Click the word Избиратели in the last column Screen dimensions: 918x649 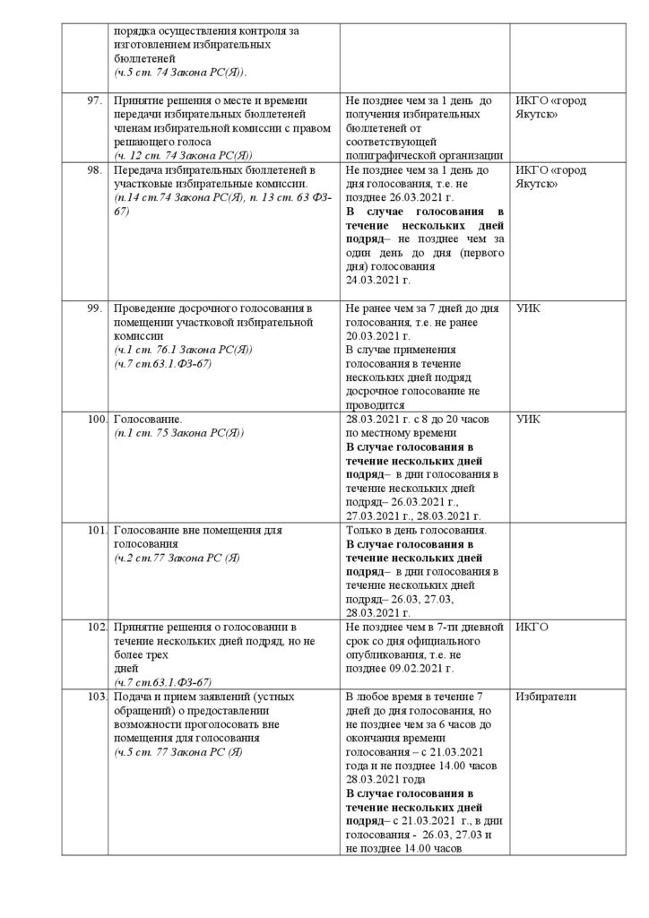point(546,697)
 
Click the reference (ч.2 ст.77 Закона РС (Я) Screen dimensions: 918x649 point(177,558)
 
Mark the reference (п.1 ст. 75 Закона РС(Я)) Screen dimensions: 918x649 point(179,432)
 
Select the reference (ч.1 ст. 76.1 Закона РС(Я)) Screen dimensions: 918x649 point(185,350)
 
